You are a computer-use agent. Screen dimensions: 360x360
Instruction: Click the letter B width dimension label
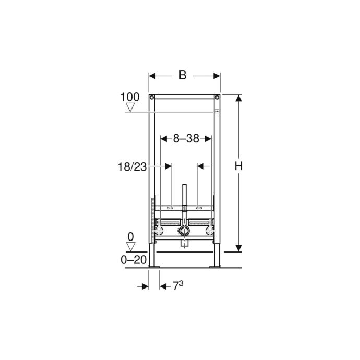pos(183,75)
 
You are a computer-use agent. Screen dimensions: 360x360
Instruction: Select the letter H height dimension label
pos(238,166)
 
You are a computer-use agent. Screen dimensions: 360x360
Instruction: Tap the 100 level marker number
pos(130,97)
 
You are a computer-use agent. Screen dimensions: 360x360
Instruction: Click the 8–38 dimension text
pos(186,139)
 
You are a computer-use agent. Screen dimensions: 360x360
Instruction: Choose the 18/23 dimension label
pos(132,167)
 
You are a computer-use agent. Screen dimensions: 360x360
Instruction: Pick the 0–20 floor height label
pos(134,260)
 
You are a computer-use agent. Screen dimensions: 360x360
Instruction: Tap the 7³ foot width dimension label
pos(178,285)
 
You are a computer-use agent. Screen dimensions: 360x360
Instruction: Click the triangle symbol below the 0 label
pos(130,247)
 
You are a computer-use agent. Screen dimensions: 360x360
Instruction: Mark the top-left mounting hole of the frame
pos(152,98)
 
